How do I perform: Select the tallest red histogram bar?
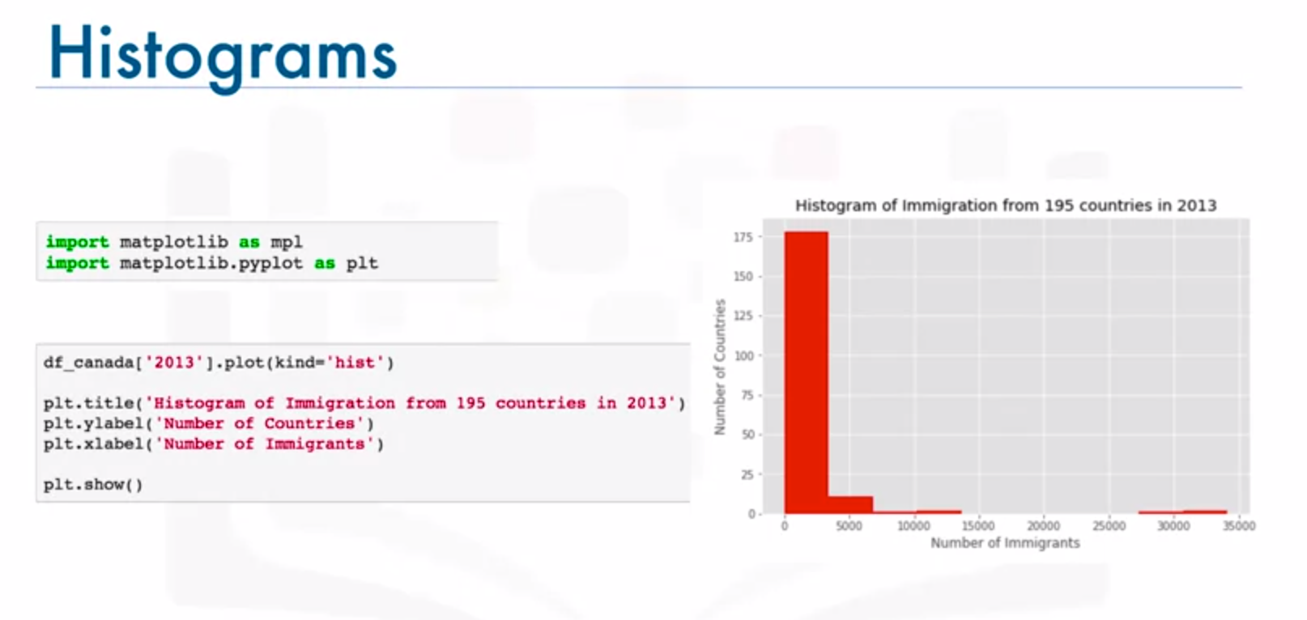[806, 372]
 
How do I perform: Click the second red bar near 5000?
[850, 504]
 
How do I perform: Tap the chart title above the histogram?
[1005, 206]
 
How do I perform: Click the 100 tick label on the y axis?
[744, 356]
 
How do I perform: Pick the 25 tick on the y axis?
[747, 475]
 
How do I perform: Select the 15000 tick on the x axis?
[978, 526]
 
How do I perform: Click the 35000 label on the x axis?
[1239, 526]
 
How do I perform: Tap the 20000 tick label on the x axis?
[1043, 526]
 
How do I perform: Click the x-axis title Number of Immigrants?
[1005, 543]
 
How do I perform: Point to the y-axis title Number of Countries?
[720, 367]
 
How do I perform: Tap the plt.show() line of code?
[93, 485]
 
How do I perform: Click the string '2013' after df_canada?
[174, 362]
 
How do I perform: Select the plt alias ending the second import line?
[362, 264]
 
